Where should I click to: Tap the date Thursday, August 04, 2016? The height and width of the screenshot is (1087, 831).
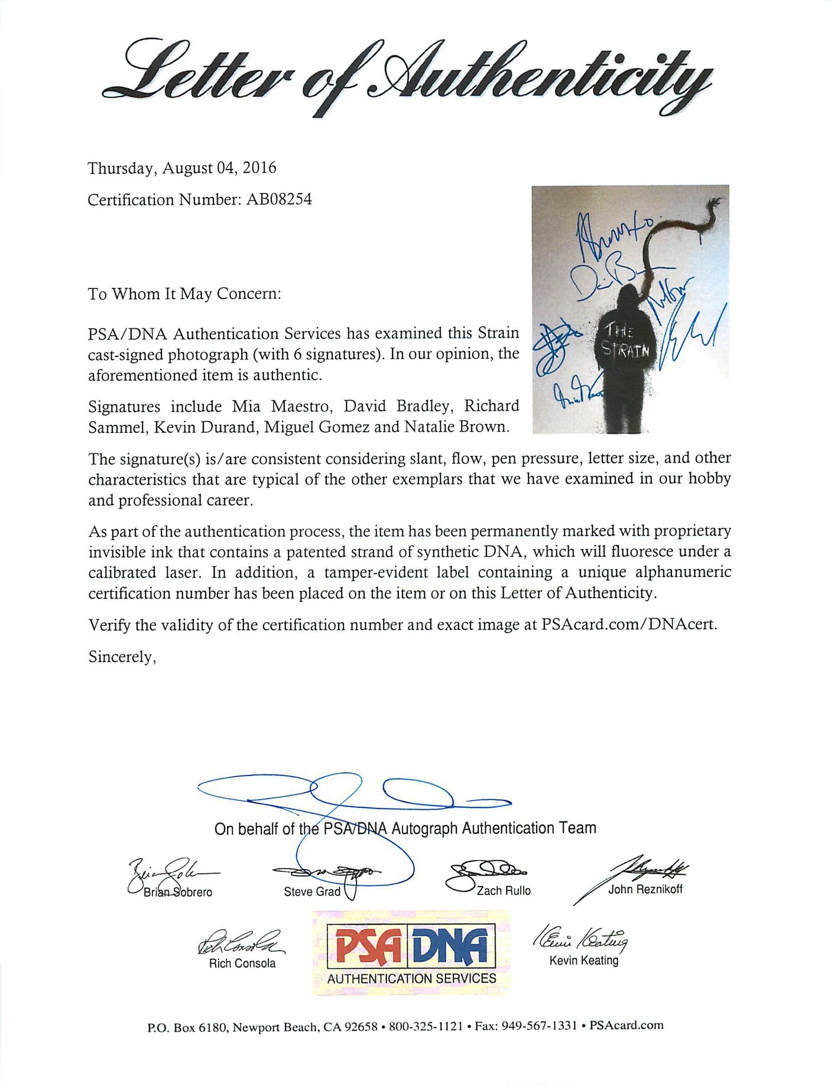click(182, 168)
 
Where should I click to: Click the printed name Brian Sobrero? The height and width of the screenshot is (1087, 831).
click(178, 893)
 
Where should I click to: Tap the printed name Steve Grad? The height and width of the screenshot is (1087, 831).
click(312, 892)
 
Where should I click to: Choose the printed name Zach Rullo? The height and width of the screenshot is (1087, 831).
click(504, 891)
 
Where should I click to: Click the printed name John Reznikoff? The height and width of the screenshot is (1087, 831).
click(645, 889)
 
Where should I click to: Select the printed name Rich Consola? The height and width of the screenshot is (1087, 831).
click(242, 963)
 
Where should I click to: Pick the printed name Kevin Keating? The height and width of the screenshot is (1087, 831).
click(584, 961)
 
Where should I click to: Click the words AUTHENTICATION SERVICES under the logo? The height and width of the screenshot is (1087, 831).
click(411, 979)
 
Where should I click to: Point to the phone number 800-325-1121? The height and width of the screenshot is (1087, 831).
click(426, 1026)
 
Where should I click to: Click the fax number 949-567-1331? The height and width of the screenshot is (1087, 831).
click(539, 1026)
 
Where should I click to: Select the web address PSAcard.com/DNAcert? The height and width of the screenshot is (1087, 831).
click(629, 625)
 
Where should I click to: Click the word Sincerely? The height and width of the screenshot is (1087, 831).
click(122, 657)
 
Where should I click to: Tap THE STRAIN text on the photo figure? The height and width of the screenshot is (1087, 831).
click(625, 341)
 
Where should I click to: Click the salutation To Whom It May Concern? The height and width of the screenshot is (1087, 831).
click(184, 294)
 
